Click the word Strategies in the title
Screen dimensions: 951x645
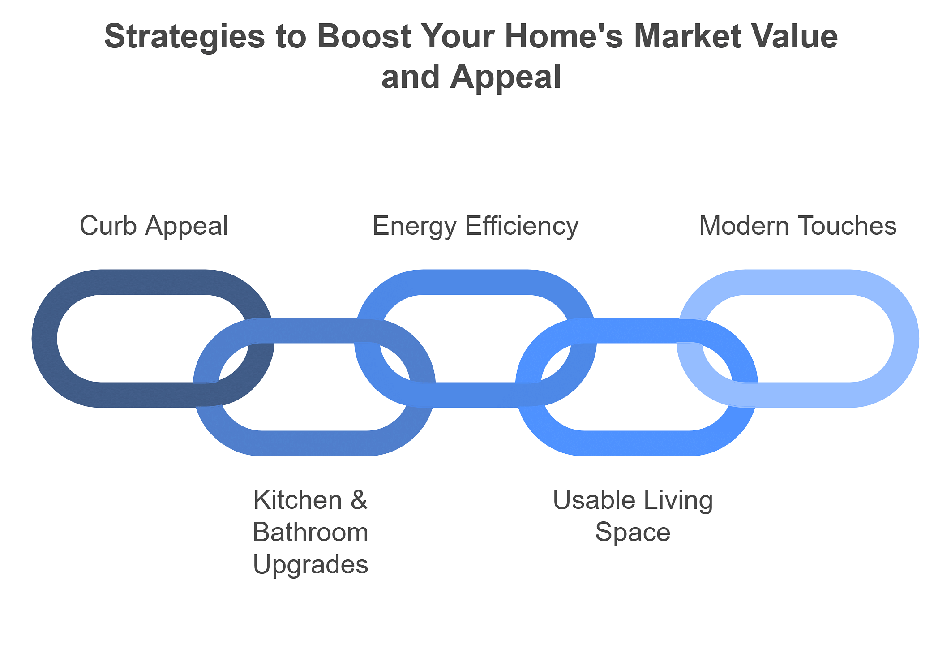point(185,38)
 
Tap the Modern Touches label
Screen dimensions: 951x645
point(798,226)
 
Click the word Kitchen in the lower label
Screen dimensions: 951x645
point(298,500)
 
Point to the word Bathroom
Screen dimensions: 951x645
point(311,533)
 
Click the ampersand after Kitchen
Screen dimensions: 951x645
point(359,500)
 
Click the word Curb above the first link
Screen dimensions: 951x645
point(108,226)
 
